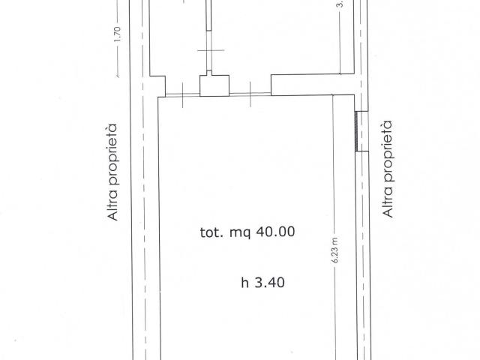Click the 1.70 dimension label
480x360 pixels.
(117, 34)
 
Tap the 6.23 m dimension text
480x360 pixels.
(335, 250)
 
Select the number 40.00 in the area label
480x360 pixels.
(275, 232)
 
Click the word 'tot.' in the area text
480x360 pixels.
(211, 232)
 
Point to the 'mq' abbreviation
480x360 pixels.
(240, 233)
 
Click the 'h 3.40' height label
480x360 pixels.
(263, 283)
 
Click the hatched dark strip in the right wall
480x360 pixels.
(356, 131)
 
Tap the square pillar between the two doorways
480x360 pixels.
(214, 85)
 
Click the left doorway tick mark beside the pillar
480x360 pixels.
(183, 95)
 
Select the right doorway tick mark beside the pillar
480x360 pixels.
(250, 94)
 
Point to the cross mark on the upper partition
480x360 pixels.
(211, 50)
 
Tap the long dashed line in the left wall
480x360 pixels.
(143, 180)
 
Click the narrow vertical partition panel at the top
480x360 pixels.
(208, 15)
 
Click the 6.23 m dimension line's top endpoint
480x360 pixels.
(333, 95)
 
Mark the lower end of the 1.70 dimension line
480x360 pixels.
(117, 76)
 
